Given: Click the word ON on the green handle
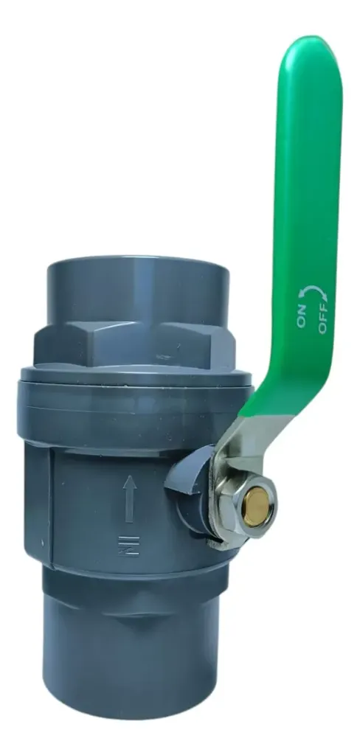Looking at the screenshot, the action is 302,316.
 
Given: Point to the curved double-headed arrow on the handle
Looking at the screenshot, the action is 312,290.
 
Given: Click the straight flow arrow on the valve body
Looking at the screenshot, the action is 129,499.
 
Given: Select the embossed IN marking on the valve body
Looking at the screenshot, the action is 128,545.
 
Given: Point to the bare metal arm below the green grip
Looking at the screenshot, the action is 241,443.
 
